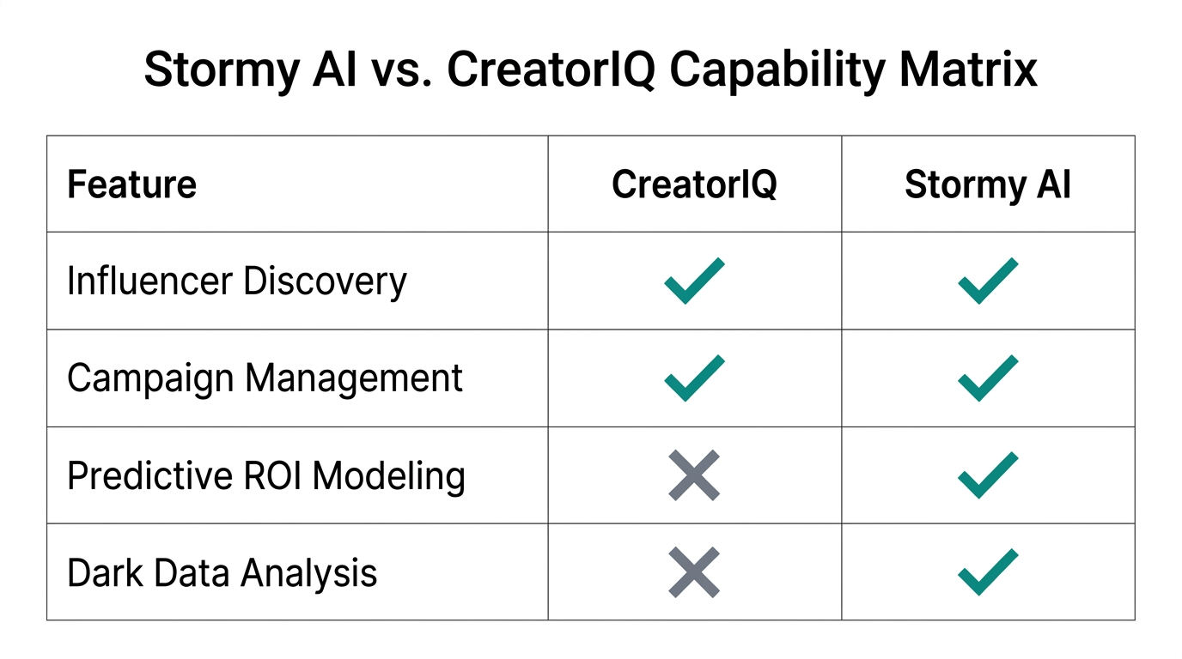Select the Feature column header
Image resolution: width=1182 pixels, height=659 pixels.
tap(131, 184)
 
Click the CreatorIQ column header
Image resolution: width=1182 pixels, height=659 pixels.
tap(694, 184)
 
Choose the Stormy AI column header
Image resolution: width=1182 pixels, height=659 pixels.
tap(988, 184)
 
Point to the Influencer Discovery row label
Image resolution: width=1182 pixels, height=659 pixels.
tap(236, 281)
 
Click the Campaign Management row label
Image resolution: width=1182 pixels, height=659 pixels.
tap(265, 378)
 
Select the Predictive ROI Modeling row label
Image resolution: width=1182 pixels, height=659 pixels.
tap(265, 475)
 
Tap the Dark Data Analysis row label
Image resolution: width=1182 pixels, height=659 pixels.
tap(222, 572)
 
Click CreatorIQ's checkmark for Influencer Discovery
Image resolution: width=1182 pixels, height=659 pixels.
tap(694, 281)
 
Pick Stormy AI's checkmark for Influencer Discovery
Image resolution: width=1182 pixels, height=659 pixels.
tap(988, 281)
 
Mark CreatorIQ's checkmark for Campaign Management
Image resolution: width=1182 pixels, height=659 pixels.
tap(694, 378)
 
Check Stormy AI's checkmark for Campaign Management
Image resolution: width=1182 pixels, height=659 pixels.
tap(988, 378)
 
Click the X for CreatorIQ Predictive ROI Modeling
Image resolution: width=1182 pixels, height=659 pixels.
tap(694, 475)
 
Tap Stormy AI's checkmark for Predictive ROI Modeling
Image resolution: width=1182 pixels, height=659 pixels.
tap(988, 475)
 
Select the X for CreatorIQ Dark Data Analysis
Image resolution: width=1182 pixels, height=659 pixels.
tap(694, 572)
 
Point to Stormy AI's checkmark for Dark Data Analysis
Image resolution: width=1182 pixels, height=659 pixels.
tap(988, 572)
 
